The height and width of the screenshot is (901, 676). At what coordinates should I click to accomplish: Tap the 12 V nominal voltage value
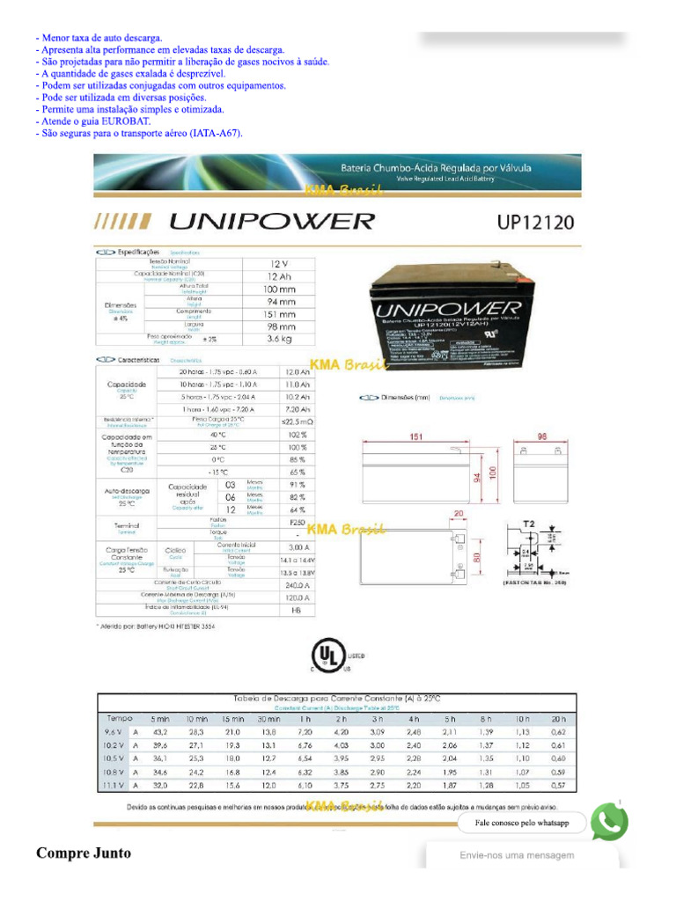[279, 263]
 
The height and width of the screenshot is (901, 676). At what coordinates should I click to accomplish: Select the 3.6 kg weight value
[279, 338]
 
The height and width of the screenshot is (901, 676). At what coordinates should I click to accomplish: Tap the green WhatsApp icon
[608, 822]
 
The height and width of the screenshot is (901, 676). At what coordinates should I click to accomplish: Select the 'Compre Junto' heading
[83, 853]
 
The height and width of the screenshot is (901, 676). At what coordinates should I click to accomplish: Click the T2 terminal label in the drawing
[529, 524]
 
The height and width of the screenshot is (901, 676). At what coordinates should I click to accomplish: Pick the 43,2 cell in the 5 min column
[160, 732]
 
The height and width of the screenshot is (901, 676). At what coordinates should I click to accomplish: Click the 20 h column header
[558, 719]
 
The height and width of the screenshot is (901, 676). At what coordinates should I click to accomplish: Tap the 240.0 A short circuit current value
[299, 584]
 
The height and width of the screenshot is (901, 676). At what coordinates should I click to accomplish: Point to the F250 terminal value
[298, 522]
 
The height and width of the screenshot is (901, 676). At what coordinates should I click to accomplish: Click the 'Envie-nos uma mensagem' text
[517, 855]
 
